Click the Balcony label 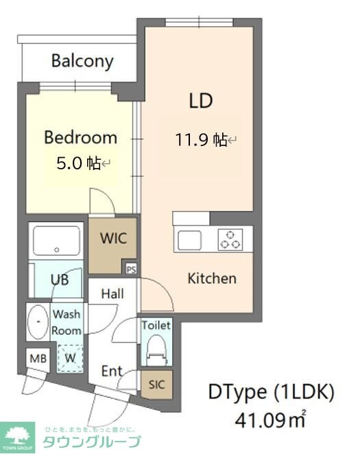pos(82,62)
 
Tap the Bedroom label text pos(81,138)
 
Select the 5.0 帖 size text pos(78,163)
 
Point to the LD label pos(201,101)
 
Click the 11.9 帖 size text pos(201,140)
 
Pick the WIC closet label pos(113,238)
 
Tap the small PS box pos(131,270)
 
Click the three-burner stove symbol pos(230,239)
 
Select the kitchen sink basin pos(189,240)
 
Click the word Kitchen pos(212,278)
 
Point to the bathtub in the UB pos(56,241)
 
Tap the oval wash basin pos(38,322)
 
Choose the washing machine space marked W pos(70,359)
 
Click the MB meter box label pos(38,359)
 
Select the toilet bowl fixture pos(156,350)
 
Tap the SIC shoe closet pos(156,385)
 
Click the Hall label pos(112,294)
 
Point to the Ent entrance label pos(112,371)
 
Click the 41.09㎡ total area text pos(270,420)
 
